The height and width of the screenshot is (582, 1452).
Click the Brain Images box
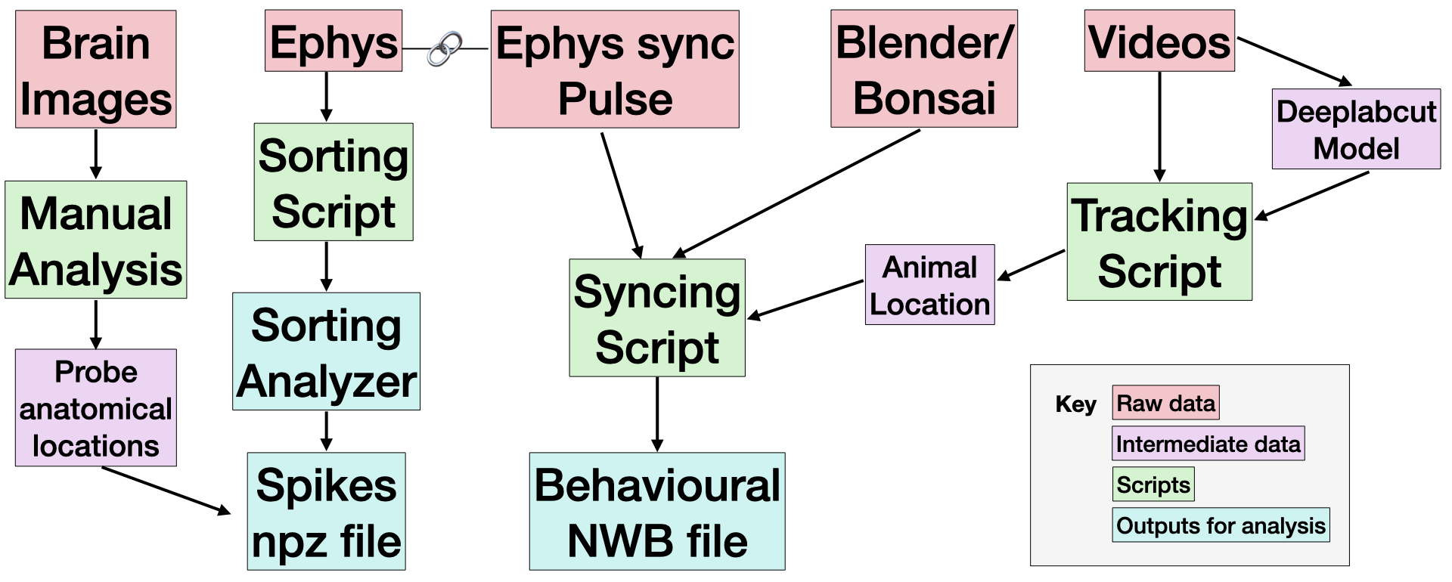[96, 70]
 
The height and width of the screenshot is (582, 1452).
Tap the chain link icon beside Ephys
[445, 48]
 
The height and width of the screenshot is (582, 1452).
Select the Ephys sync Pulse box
[615, 70]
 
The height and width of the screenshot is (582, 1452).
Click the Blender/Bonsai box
[923, 70]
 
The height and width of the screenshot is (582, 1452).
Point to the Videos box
[1159, 42]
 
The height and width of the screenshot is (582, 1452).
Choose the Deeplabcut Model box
[1356, 129]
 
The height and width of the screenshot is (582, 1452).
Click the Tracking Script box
[1159, 242]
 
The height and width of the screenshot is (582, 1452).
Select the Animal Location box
[929, 285]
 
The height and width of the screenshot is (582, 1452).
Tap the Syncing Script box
[657, 318]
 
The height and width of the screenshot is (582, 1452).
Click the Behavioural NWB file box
[657, 512]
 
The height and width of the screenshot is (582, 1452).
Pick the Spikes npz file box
[326, 512]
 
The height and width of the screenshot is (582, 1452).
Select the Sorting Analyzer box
[326, 351]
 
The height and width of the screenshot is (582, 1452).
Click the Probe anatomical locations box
[96, 408]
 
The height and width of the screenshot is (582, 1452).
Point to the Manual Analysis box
[96, 240]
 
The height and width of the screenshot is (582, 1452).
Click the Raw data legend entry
[1165, 403]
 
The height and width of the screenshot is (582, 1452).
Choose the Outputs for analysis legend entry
[1221, 525]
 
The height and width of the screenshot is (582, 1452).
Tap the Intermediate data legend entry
[1208, 444]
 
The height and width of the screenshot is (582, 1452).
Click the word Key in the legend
[1075, 404]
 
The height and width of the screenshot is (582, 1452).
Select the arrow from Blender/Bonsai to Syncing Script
[798, 193]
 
